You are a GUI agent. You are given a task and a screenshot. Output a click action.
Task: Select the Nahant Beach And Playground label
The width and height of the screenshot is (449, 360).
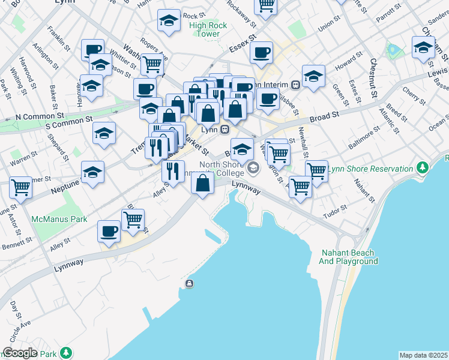click(348, 257)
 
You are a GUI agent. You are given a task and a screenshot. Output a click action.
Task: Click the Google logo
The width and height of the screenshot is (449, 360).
click(20, 353)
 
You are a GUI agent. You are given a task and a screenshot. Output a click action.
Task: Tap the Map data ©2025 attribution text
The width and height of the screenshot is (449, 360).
click(423, 355)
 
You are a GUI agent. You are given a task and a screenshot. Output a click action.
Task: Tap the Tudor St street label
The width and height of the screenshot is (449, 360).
click(336, 208)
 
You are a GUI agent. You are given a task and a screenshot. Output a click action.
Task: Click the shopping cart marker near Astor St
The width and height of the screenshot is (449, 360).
click(21, 187)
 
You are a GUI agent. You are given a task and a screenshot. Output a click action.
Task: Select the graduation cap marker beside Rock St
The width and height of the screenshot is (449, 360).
click(169, 21)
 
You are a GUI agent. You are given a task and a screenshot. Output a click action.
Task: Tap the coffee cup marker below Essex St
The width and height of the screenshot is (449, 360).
click(261, 52)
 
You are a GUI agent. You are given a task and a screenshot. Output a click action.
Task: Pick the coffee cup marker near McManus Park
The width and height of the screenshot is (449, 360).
click(109, 230)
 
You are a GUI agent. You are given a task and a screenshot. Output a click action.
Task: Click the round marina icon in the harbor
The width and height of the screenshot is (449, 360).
click(190, 284)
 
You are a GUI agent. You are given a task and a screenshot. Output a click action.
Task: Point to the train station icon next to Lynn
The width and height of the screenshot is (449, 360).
click(224, 129)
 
